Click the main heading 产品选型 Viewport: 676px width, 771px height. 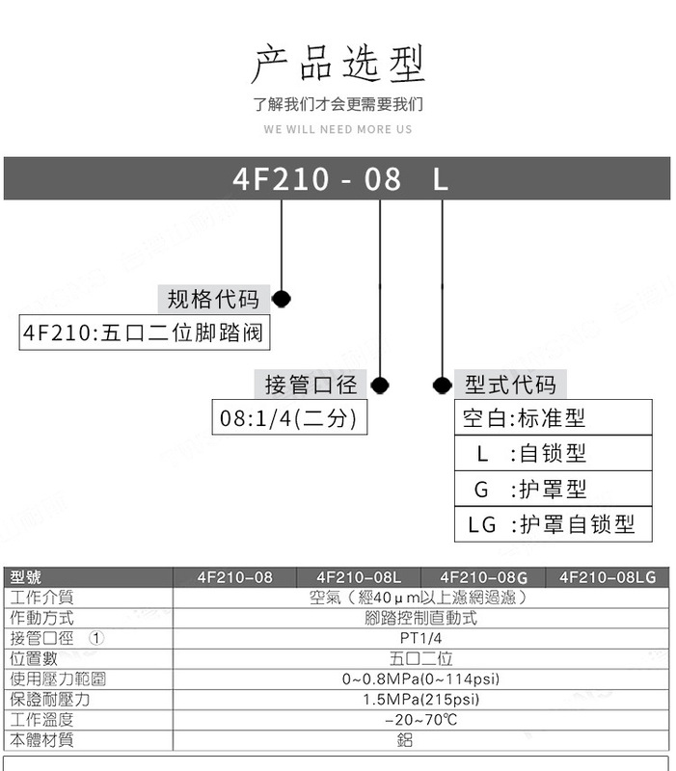click(x=338, y=64)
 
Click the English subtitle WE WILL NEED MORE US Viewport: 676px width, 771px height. click(x=338, y=129)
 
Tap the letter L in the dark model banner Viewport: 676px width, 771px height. click(x=441, y=178)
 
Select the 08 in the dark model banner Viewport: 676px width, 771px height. click(x=382, y=178)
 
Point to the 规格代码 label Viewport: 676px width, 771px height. click(x=213, y=299)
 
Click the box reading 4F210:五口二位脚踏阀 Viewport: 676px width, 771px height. click(x=144, y=332)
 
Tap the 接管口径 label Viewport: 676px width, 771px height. click(x=311, y=384)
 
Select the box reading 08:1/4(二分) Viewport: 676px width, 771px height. click(x=289, y=417)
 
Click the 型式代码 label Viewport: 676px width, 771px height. click(x=510, y=384)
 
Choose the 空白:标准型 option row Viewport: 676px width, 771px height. click(x=553, y=417)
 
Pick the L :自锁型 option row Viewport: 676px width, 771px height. click(x=553, y=453)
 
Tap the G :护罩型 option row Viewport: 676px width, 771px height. click(x=553, y=489)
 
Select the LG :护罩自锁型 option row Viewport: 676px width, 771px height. click(x=553, y=524)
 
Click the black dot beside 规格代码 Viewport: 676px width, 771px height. click(x=282, y=299)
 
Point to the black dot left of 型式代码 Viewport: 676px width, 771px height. click(x=443, y=385)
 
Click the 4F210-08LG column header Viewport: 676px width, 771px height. click(x=608, y=577)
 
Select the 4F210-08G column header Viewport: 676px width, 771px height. click(x=484, y=577)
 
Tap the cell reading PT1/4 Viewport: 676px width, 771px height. click(x=420, y=638)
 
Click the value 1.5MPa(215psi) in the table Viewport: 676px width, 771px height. click(x=420, y=700)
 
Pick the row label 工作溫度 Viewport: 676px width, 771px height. click(x=41, y=720)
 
